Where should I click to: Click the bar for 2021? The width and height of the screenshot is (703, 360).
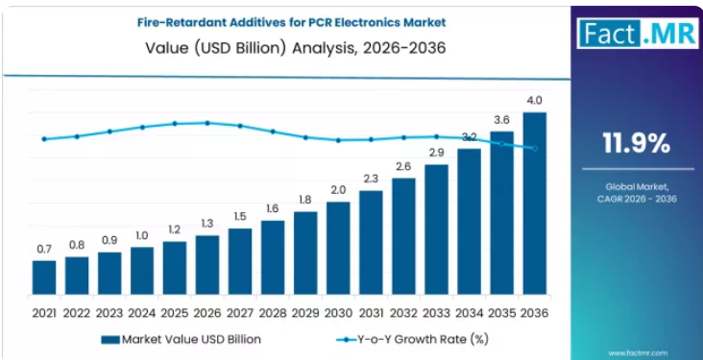(x=44, y=277)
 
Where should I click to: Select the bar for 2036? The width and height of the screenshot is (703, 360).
(x=534, y=204)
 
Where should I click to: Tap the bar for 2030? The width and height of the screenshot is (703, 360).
(x=338, y=249)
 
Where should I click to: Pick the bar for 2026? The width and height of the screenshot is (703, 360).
(x=207, y=265)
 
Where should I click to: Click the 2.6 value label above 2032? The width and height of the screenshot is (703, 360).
(x=403, y=166)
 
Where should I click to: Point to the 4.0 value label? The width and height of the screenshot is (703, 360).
(x=534, y=100)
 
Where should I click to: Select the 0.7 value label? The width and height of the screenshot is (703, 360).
(x=44, y=249)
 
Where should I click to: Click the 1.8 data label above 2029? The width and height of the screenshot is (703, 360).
(x=305, y=200)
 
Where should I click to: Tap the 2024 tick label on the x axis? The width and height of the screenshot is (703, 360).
(x=142, y=313)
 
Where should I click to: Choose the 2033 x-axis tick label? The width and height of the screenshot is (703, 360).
(x=436, y=313)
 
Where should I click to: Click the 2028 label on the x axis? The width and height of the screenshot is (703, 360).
(x=273, y=313)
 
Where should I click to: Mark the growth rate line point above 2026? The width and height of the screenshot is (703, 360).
(x=207, y=122)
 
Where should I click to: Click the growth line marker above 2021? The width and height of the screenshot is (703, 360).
(x=44, y=139)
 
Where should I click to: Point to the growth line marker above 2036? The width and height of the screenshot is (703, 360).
(x=534, y=149)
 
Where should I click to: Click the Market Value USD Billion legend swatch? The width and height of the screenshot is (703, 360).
(x=110, y=340)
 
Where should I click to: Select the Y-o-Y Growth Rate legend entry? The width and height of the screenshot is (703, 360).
(x=412, y=340)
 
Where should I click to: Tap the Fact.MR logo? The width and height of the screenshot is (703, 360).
(x=637, y=33)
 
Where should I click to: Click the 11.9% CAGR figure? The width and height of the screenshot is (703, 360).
(x=637, y=144)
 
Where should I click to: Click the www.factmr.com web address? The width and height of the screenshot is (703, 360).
(x=638, y=353)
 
